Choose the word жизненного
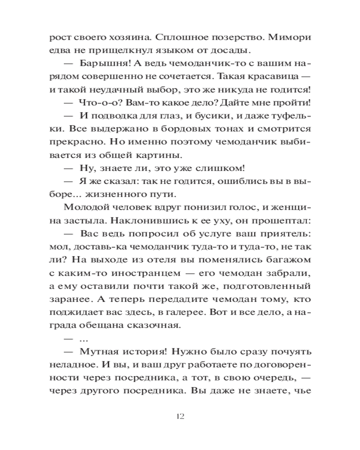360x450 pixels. point(106,195)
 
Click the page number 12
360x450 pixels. point(180,415)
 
